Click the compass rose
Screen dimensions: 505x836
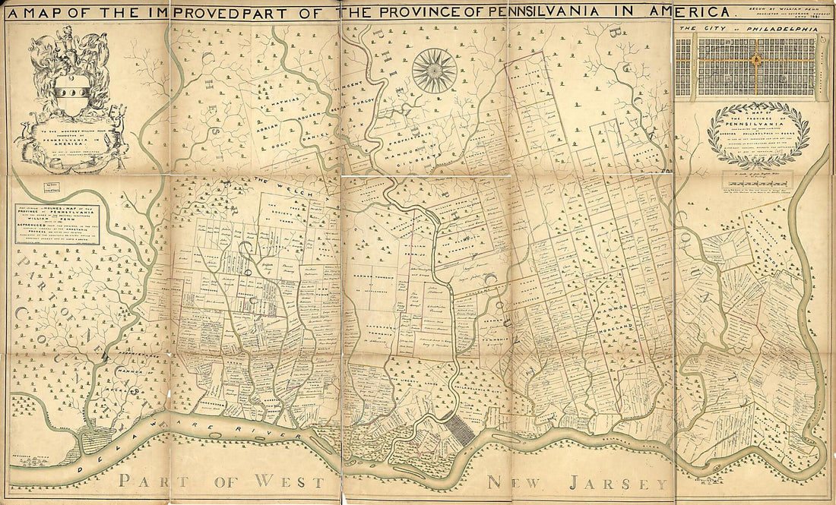435,71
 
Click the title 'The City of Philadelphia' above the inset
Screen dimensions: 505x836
748,29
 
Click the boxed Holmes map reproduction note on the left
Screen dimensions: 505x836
59,224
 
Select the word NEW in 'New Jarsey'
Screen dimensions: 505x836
513,483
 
